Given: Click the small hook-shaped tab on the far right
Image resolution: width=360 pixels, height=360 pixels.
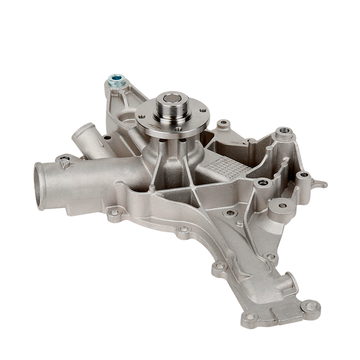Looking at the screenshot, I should [x=321, y=184].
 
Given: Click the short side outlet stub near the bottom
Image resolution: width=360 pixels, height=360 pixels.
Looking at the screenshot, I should [x=290, y=283].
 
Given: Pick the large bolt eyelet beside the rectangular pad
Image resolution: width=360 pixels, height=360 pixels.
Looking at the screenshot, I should [x=310, y=307].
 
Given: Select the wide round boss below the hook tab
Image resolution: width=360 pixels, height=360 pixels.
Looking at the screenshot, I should [x=282, y=206].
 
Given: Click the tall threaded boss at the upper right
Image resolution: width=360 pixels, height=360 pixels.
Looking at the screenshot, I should [x=284, y=131].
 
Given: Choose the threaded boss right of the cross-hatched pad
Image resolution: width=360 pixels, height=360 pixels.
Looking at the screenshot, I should [x=262, y=183].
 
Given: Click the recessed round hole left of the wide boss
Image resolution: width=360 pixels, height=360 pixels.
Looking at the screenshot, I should [x=231, y=212].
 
